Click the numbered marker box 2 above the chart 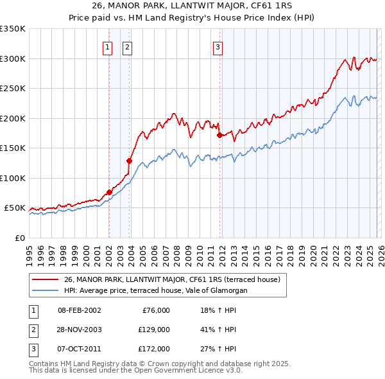(x=127, y=46)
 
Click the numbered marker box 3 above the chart (x=218, y=46)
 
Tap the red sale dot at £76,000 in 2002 (x=109, y=192)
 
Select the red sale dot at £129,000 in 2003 (x=130, y=161)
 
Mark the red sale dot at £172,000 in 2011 (x=219, y=135)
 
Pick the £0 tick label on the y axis (x=19, y=238)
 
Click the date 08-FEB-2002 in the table (x=79, y=310)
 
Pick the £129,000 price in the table (x=154, y=330)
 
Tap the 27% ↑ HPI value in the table (x=218, y=349)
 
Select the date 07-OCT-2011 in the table (x=79, y=349)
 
